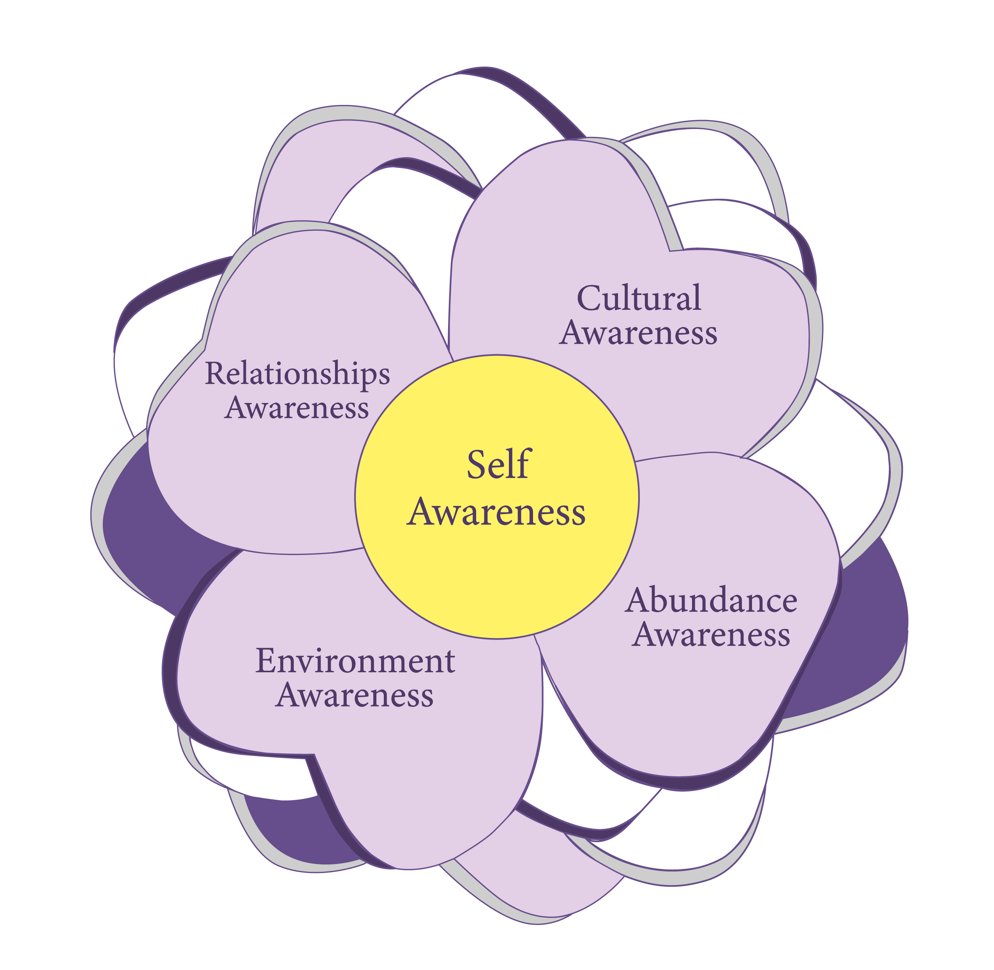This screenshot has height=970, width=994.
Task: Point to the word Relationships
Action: (298, 375)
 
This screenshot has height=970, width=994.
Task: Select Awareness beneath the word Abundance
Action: (711, 635)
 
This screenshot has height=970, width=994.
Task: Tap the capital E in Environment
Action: (267, 661)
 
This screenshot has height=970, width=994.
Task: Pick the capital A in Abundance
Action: (639, 600)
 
